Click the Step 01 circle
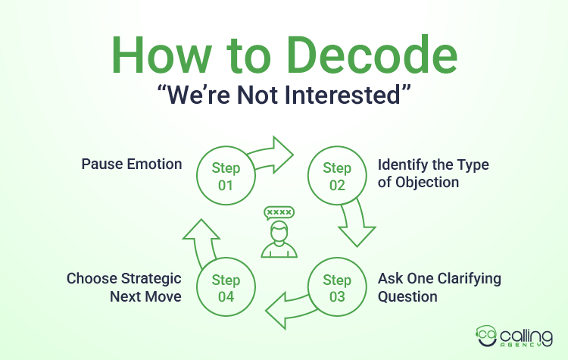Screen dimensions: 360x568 point(226,176)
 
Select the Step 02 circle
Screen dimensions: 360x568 point(337,176)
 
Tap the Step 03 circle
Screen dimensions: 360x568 point(337,288)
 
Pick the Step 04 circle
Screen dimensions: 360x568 point(226,288)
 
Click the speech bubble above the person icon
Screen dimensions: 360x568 point(279,212)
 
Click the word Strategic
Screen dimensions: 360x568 point(143,278)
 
